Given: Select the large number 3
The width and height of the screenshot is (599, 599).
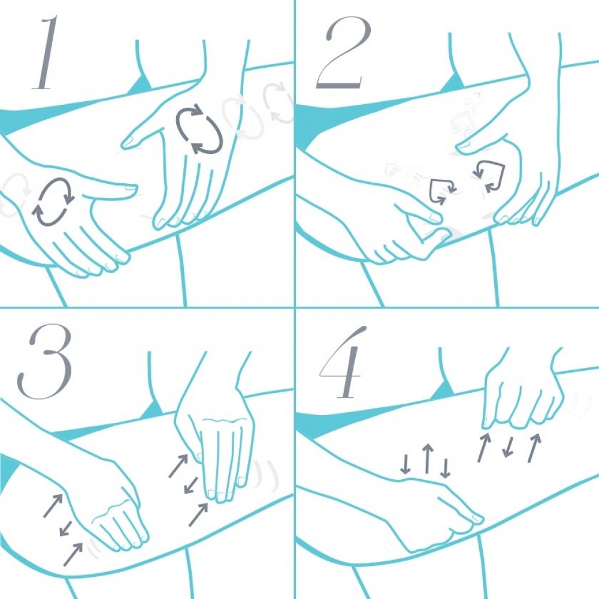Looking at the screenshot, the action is click(x=44, y=361).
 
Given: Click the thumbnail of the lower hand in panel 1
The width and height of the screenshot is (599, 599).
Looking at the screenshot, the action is click(x=130, y=187).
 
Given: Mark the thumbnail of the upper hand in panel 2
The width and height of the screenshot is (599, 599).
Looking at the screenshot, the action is click(x=464, y=145).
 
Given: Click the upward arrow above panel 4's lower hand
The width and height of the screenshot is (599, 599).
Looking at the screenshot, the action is click(x=428, y=458).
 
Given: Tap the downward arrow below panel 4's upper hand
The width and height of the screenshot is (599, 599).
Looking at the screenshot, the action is click(x=508, y=447).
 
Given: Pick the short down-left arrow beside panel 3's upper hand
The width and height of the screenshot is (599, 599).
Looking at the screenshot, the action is click(x=191, y=485).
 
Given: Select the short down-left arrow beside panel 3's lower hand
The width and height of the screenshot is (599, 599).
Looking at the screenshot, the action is click(x=66, y=528).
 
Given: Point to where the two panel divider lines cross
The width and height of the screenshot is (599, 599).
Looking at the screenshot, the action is click(x=295, y=307).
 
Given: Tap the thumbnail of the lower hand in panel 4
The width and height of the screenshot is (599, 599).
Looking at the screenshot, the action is click(x=477, y=518).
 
